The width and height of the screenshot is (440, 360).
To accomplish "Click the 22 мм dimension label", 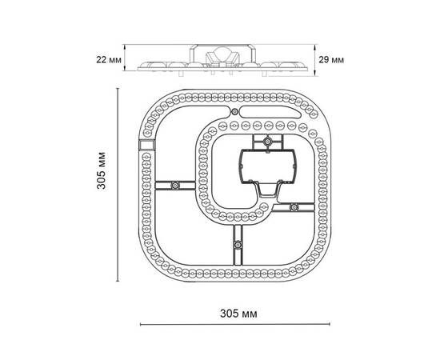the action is click(x=109, y=60).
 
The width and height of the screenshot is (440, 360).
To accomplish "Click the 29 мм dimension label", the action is click(x=331, y=60).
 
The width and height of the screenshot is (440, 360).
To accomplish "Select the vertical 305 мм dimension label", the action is click(x=102, y=170).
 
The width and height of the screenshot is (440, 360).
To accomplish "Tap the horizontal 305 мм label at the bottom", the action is click(x=238, y=314).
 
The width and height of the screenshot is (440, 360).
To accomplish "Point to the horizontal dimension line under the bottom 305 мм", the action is click(x=235, y=324).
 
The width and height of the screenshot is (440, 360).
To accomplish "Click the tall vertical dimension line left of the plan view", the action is click(x=118, y=185).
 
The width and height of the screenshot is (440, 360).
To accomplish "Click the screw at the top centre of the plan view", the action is click(x=234, y=112).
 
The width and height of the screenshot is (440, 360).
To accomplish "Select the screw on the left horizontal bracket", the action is click(x=175, y=185).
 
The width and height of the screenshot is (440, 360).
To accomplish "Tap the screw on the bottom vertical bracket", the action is click(x=238, y=245).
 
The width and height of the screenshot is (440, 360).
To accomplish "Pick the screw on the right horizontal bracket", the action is click(x=294, y=207).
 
